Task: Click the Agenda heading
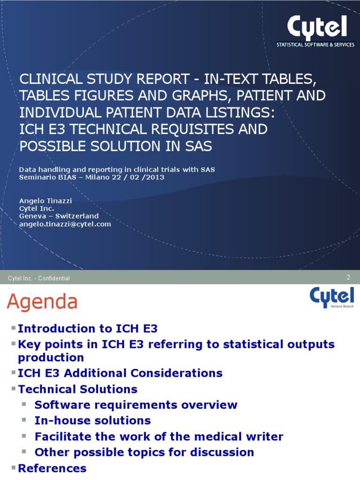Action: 42,302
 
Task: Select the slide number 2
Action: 348,277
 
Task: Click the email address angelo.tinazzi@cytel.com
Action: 65,224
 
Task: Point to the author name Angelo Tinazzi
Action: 45,200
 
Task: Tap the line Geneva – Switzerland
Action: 59,216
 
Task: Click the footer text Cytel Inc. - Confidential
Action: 39,278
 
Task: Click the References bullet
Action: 52,468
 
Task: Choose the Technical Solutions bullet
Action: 77,389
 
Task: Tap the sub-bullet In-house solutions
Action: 92,420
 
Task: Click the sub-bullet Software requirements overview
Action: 136,405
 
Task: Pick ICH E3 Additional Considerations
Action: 120,373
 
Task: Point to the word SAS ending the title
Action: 197,146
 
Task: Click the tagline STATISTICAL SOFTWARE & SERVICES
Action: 315,45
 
